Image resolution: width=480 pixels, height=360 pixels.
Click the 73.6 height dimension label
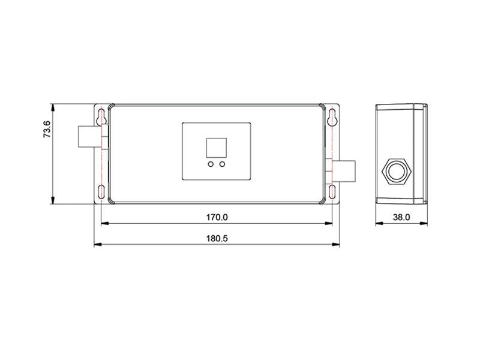click(47, 129)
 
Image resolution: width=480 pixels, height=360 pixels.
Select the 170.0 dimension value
click(217, 217)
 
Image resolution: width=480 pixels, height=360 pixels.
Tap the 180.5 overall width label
click(217, 238)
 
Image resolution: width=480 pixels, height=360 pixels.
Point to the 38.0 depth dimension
click(401, 217)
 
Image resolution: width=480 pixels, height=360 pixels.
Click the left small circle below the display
click(211, 164)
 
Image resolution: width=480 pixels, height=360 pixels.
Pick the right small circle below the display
click(222, 164)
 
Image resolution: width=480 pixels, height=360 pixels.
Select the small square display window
click(217, 148)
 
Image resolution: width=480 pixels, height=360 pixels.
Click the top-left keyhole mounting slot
click(101, 117)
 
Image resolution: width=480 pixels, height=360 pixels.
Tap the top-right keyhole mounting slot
click(332, 117)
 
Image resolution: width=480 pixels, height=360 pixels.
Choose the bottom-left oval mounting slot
click(101, 192)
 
